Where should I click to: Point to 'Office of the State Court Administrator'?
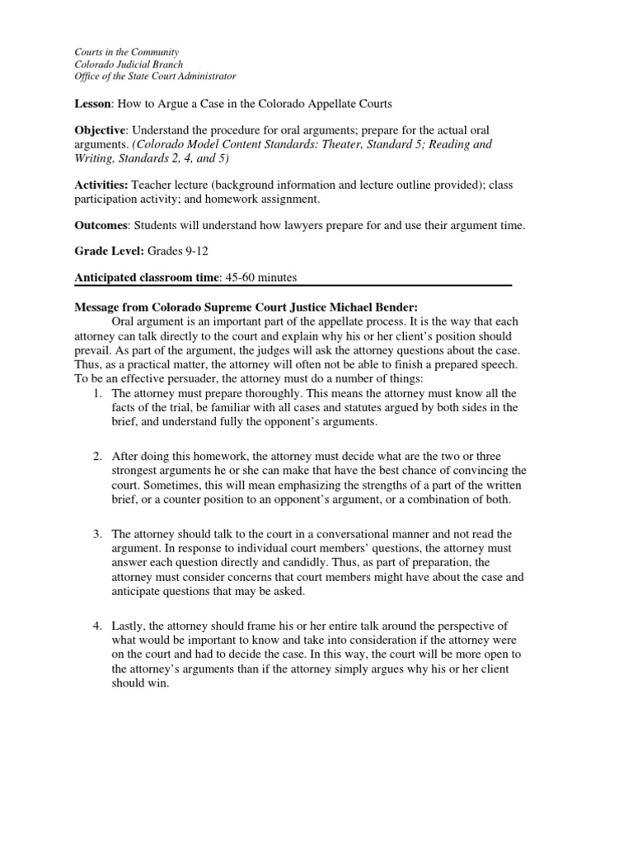click(155, 77)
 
